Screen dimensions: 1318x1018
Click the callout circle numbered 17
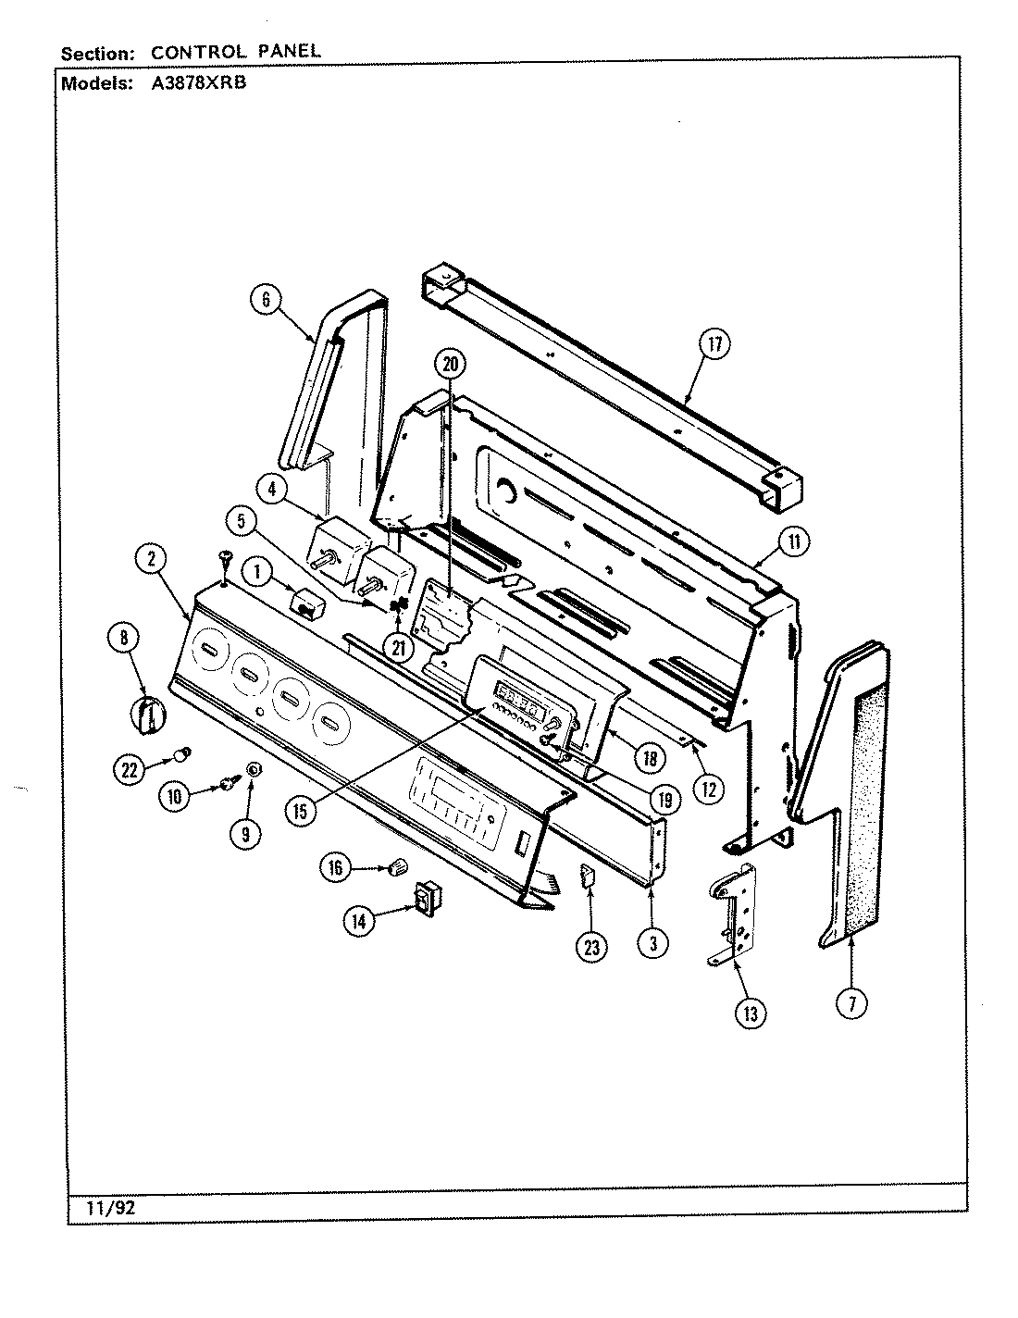pyautogui.click(x=714, y=345)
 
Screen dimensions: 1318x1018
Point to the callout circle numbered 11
pyautogui.click(x=793, y=542)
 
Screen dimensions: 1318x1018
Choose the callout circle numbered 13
pyautogui.click(x=750, y=1014)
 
